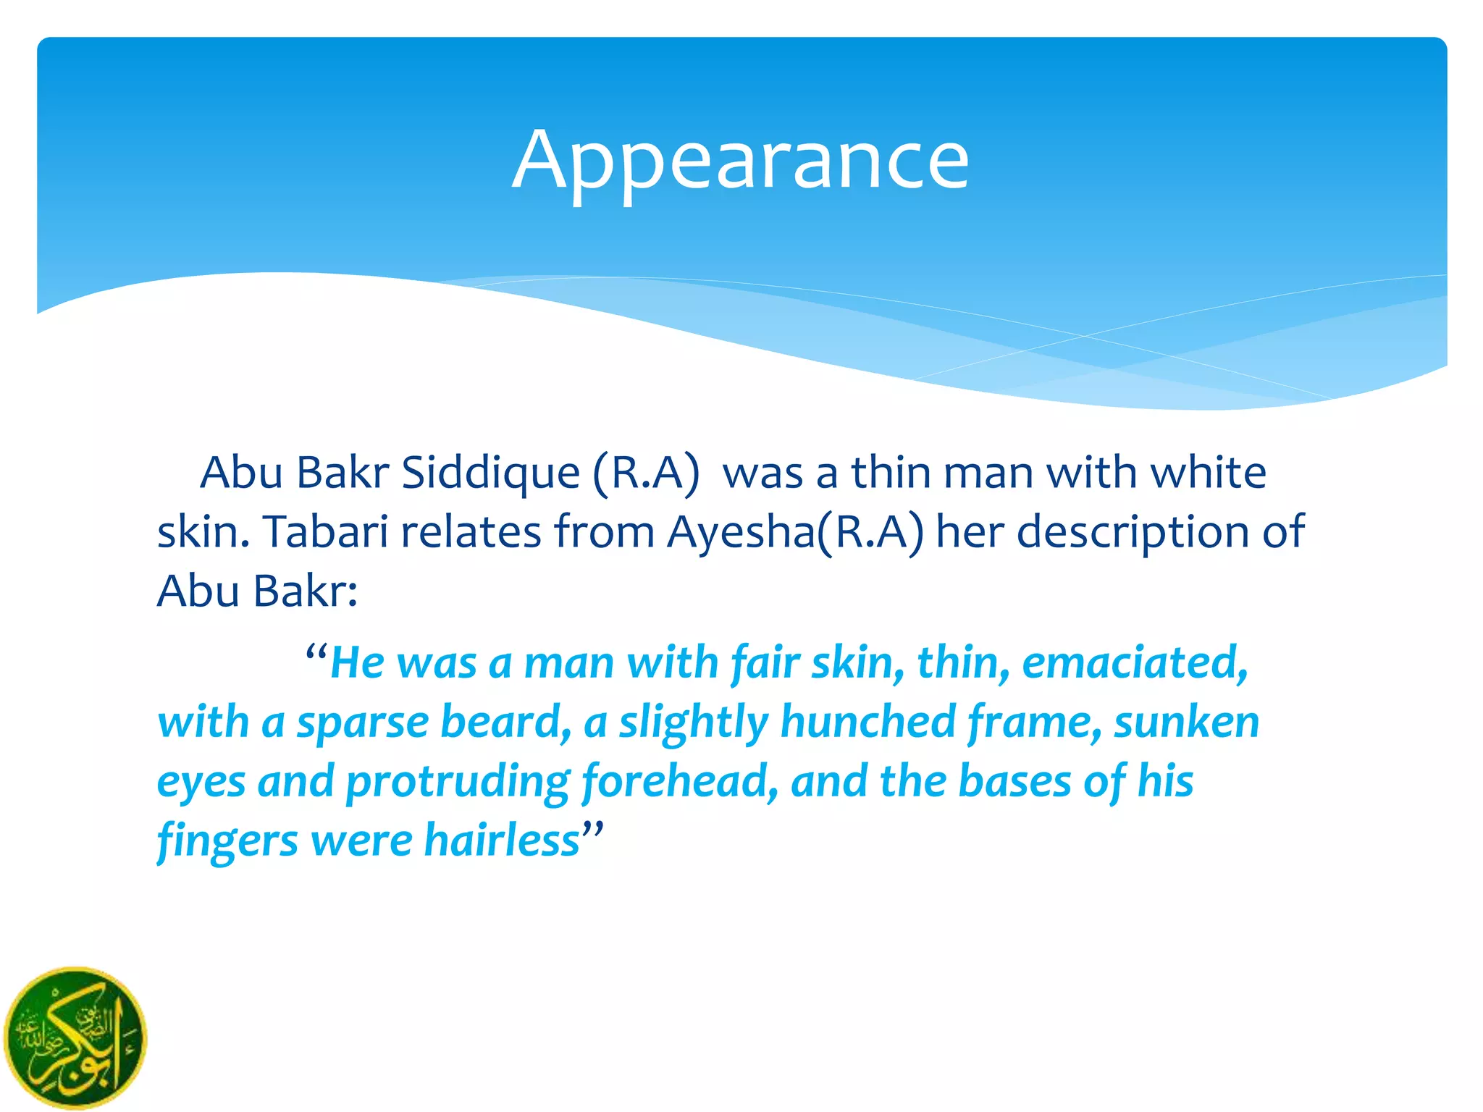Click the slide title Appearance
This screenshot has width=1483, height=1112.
pyautogui.click(x=740, y=161)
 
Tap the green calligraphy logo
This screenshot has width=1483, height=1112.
pyautogui.click(x=75, y=1037)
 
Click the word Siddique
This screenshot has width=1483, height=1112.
pyautogui.click(x=490, y=473)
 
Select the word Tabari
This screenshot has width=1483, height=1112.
pyautogui.click(x=325, y=533)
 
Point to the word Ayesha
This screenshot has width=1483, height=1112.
pyautogui.click(x=741, y=533)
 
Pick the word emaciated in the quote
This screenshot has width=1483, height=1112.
pyautogui.click(x=1135, y=663)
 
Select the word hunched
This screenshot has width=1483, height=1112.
pyautogui.click(x=867, y=722)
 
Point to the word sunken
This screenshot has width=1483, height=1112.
pyautogui.click(x=1187, y=722)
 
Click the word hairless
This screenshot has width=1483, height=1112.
pyautogui.click(x=502, y=840)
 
